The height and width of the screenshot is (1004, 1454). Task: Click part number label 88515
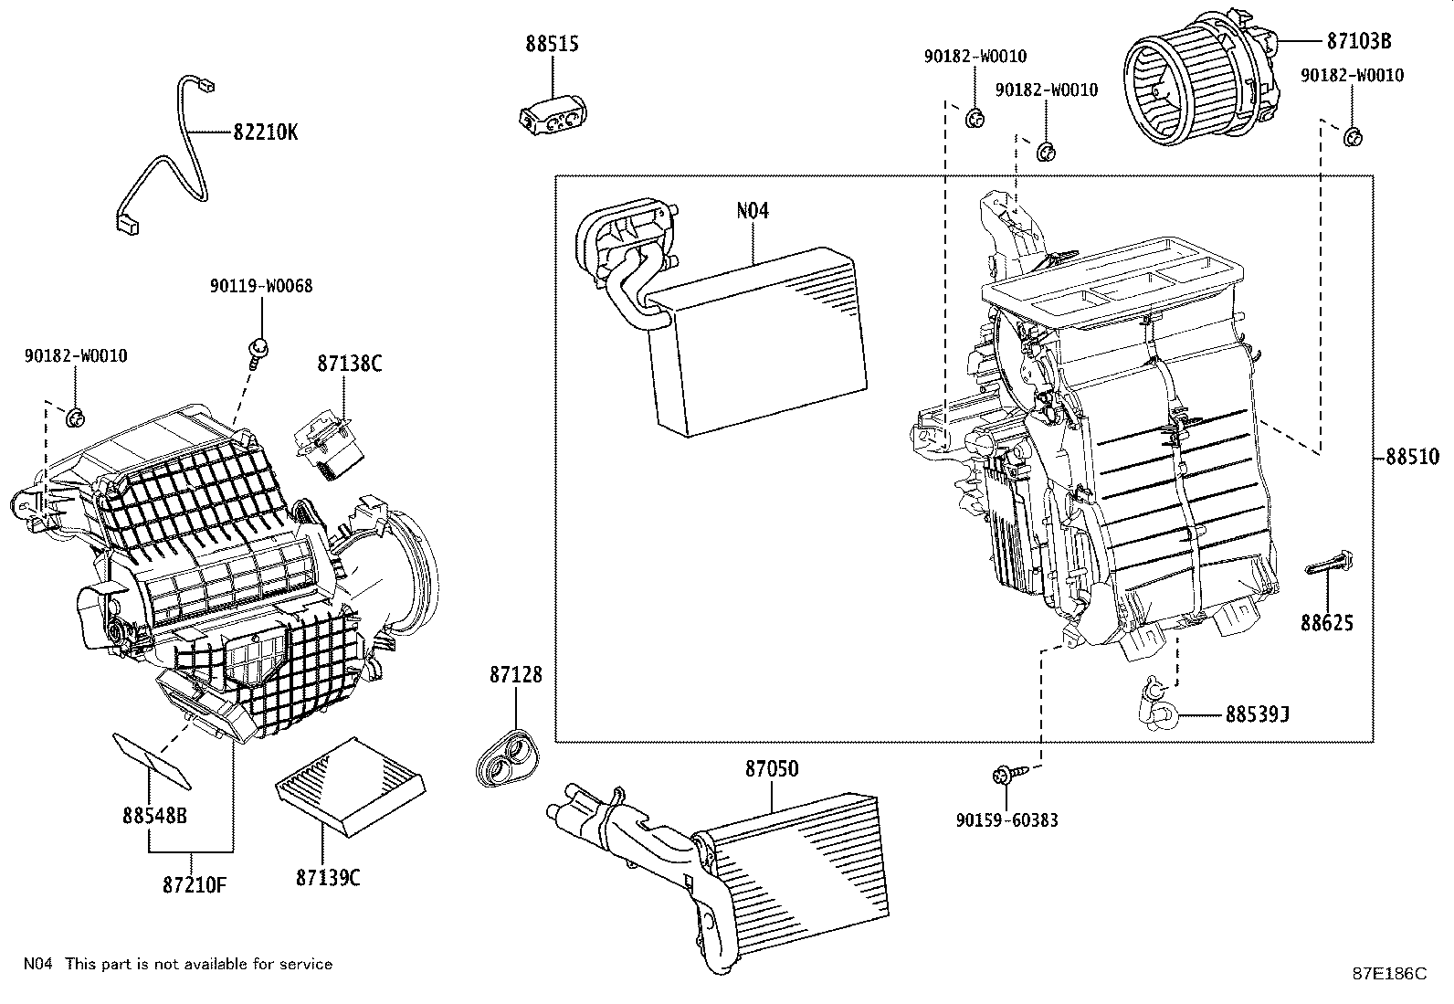point(552,44)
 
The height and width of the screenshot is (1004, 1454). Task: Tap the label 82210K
point(265,132)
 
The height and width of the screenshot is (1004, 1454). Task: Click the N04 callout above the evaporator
point(753,210)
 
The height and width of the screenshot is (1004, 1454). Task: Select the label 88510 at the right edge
point(1412,457)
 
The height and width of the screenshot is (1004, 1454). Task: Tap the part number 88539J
point(1258,713)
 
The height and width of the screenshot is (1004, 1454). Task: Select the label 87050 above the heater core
point(771,770)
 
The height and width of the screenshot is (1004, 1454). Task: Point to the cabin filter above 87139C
point(351,786)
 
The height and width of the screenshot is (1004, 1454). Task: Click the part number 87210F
point(195,884)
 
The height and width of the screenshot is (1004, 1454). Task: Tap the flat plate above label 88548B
point(153,759)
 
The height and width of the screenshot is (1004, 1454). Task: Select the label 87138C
point(349,363)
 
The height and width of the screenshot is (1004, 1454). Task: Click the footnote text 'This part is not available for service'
point(198,964)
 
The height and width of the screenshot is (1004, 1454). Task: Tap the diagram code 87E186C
point(1389,973)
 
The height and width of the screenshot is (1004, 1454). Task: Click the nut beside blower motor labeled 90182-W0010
point(1354,137)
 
